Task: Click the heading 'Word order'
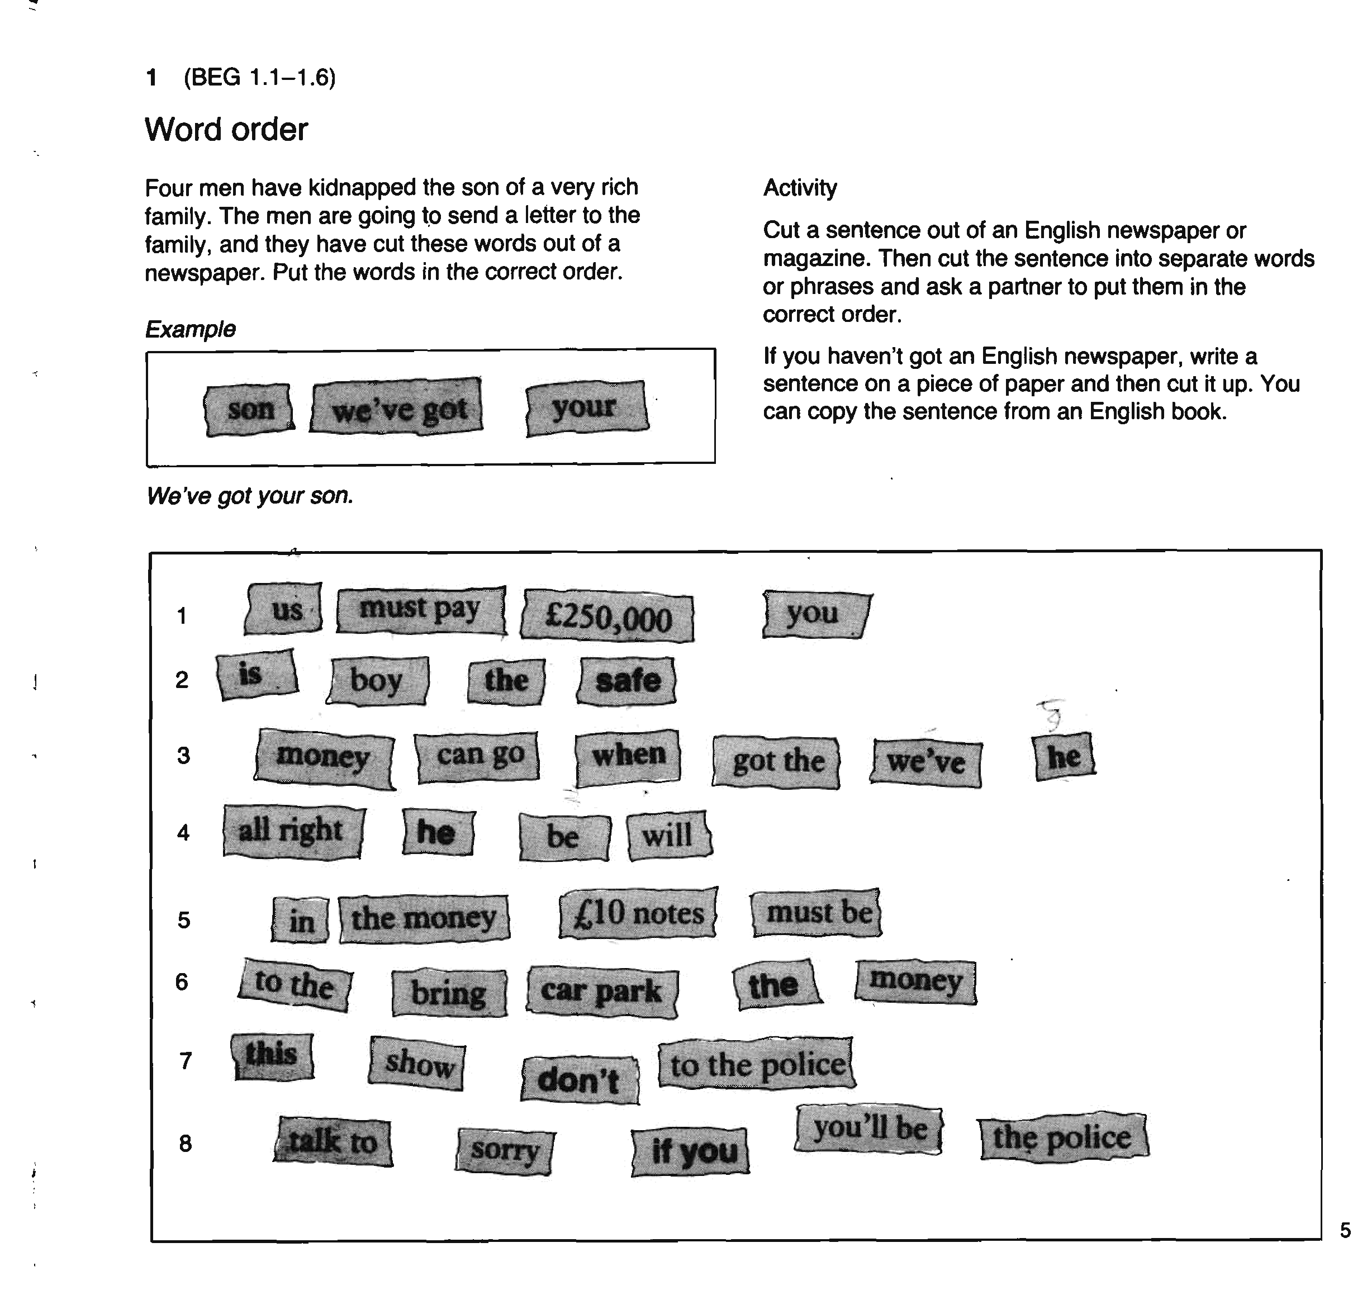click(x=226, y=129)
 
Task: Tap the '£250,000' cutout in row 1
click(x=607, y=616)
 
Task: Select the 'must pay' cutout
click(x=420, y=610)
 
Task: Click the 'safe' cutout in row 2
click(x=627, y=681)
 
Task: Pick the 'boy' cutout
click(x=377, y=681)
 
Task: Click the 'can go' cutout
click(x=478, y=756)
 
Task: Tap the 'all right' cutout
click(x=292, y=831)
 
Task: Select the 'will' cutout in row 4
click(x=668, y=836)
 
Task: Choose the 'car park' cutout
click(x=602, y=992)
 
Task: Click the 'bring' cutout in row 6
click(x=449, y=994)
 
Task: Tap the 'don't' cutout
click(x=580, y=1080)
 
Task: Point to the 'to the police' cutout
click(x=756, y=1064)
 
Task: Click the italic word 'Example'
click(x=191, y=329)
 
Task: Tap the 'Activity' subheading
click(x=800, y=188)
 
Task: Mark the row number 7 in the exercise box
click(x=185, y=1061)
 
